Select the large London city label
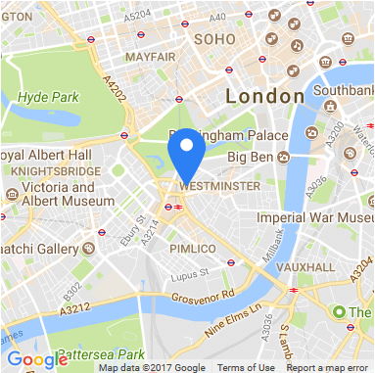(264, 97)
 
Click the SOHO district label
(215, 39)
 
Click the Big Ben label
(250, 157)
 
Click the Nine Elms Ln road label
(236, 321)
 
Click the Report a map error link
(329, 368)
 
